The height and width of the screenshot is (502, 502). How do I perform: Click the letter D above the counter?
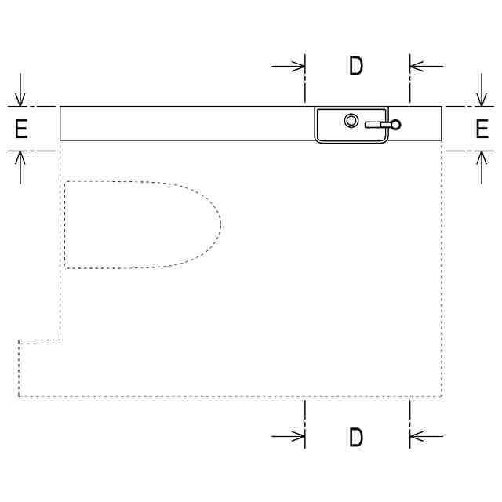click(x=356, y=66)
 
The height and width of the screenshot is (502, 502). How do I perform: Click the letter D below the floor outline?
click(x=356, y=437)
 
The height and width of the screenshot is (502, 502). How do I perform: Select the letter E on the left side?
click(x=21, y=129)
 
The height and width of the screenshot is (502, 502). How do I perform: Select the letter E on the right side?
click(x=482, y=129)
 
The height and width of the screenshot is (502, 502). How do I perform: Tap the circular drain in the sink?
click(x=351, y=121)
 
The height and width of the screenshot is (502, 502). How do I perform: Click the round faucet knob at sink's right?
click(x=396, y=125)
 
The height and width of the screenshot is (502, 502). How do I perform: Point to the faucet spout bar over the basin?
click(x=378, y=125)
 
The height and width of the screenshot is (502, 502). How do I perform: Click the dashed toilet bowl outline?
click(x=220, y=224)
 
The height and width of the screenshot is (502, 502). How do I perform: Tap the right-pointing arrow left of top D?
click(x=288, y=67)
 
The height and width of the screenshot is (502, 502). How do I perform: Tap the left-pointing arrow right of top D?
click(x=427, y=67)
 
